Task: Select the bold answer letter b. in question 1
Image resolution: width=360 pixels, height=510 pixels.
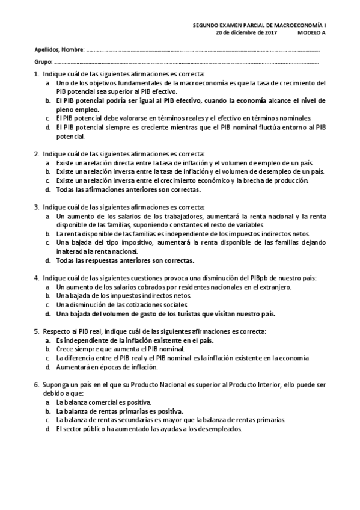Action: tap(48, 101)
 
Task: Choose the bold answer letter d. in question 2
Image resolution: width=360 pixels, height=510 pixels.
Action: tap(48, 189)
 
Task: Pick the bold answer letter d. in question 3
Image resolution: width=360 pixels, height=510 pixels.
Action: tap(48, 260)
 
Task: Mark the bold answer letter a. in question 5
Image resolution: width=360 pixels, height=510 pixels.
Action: tap(48, 340)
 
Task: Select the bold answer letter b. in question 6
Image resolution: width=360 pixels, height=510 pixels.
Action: tap(48, 411)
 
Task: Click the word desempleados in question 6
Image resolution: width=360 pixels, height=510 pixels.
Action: tap(220, 429)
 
